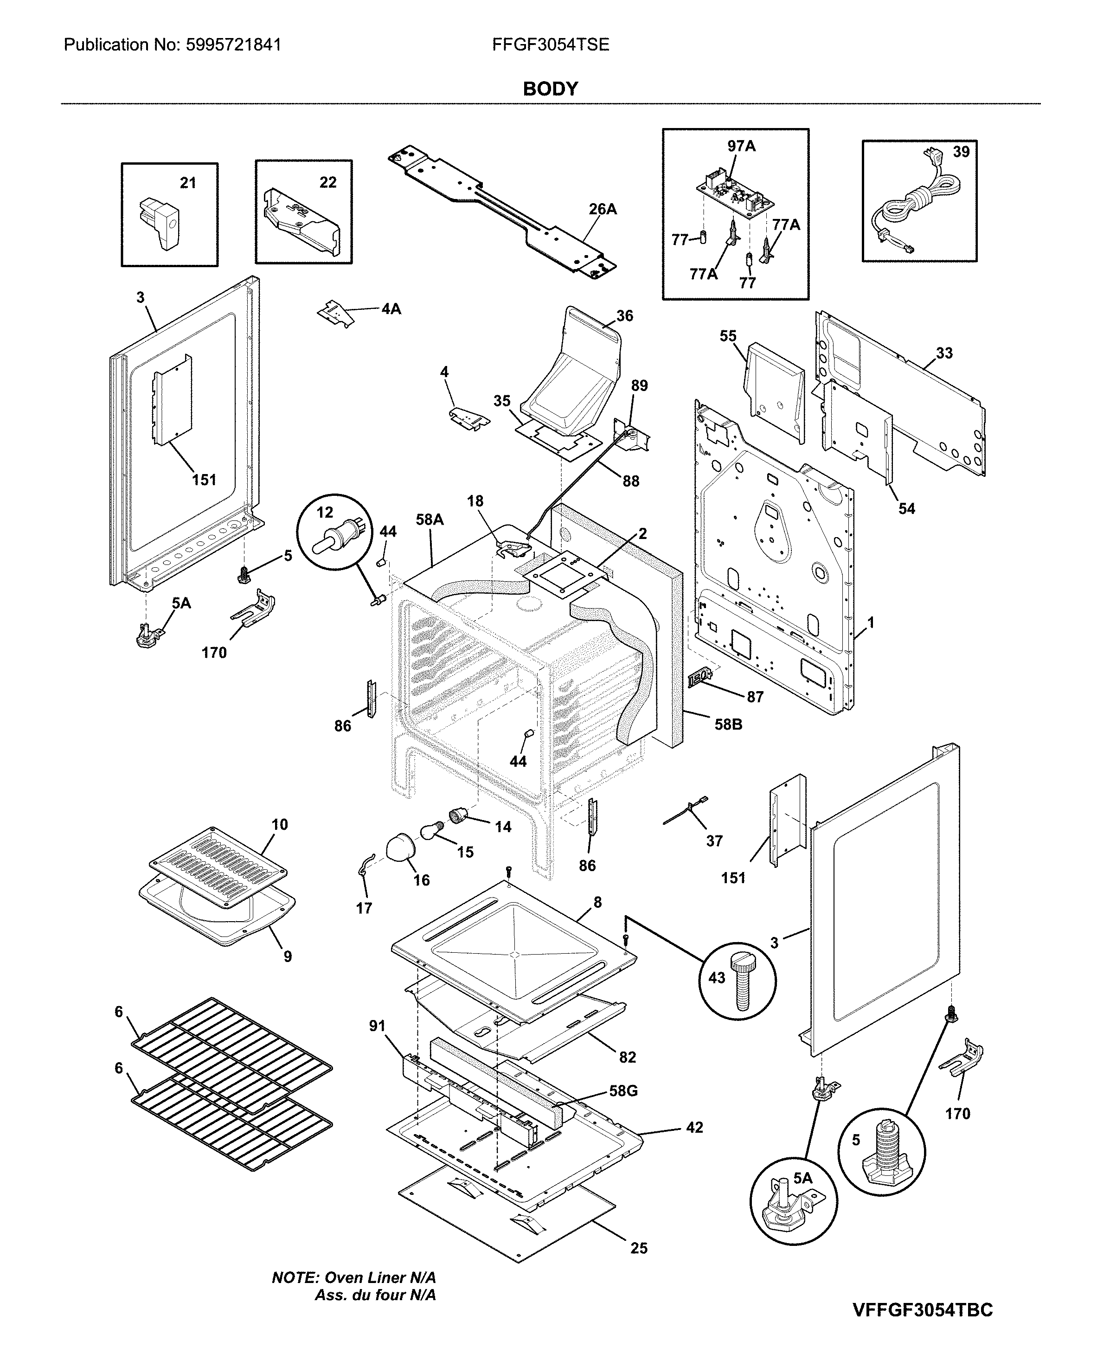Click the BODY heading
[x=550, y=89]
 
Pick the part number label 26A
[x=602, y=209]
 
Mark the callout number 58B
[x=728, y=724]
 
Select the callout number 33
[x=943, y=353]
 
